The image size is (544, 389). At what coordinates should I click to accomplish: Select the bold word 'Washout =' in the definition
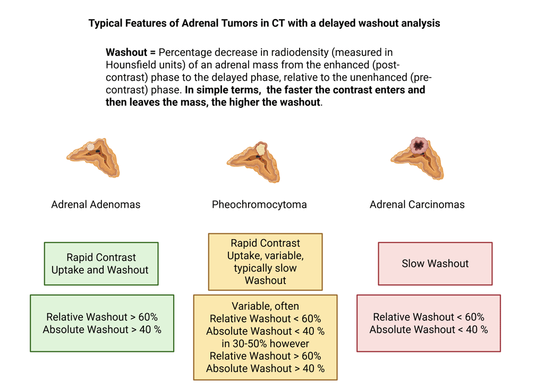click(130, 53)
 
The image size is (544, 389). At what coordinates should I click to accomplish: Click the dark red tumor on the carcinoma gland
click(419, 145)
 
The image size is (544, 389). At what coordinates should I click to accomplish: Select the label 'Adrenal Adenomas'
click(96, 205)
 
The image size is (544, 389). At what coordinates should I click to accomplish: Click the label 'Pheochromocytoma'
click(259, 205)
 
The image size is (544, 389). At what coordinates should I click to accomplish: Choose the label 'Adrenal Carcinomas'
click(417, 205)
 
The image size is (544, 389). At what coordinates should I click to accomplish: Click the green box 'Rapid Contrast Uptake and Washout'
click(101, 264)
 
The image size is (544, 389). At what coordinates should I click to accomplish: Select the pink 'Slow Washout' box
click(435, 264)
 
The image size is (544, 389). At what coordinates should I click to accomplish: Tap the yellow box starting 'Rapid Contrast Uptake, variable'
click(265, 262)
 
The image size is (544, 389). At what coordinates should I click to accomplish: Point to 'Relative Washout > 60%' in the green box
click(102, 317)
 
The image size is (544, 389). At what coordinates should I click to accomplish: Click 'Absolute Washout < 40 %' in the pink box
click(428, 329)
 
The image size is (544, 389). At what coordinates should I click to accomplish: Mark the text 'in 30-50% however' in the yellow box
click(265, 343)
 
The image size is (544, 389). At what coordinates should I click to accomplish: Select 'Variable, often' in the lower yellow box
click(265, 306)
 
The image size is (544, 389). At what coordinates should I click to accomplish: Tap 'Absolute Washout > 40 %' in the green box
click(102, 329)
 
